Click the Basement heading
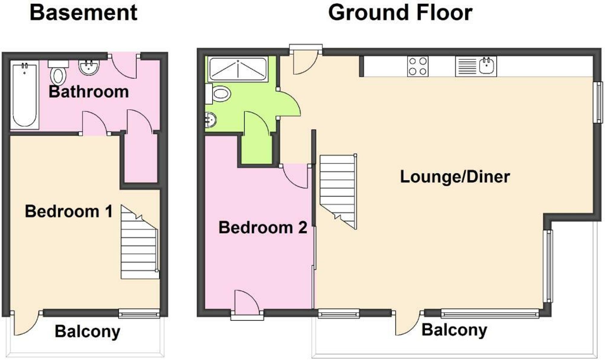(83, 13)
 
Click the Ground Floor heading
(400, 13)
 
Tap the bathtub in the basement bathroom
(25, 95)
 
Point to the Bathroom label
(88, 92)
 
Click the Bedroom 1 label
(69, 211)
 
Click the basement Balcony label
(87, 331)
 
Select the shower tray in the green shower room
(238, 69)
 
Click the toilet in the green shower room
(221, 94)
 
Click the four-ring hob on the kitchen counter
(417, 66)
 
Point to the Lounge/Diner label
(455, 177)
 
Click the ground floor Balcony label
(454, 330)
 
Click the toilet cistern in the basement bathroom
(58, 64)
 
